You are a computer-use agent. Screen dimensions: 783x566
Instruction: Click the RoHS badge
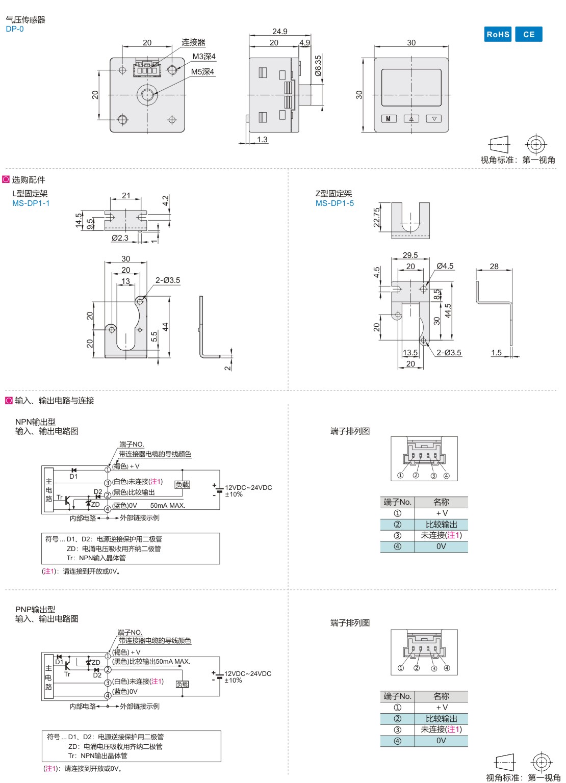[498, 34]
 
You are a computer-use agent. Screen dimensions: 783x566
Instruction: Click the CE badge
[529, 34]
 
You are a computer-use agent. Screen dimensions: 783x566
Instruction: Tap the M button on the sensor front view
[389, 119]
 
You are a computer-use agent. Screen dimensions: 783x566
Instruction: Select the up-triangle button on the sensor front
[411, 119]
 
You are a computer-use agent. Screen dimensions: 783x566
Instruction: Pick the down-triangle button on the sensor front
[434, 119]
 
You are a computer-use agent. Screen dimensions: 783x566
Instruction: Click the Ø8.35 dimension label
[318, 66]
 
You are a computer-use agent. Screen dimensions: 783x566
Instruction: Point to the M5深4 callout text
[202, 72]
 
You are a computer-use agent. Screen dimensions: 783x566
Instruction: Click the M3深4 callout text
[204, 57]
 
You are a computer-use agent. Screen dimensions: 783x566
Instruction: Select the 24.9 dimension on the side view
[279, 32]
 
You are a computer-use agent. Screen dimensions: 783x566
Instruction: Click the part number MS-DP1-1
[31, 203]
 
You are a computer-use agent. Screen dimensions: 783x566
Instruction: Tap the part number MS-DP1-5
[335, 203]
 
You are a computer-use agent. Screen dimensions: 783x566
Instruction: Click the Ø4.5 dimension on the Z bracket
[445, 266]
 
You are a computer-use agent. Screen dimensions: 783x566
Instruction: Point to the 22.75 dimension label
[377, 217]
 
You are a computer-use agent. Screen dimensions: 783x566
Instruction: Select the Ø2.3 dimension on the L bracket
[120, 238]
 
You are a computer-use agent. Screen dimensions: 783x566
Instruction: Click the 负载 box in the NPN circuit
[182, 485]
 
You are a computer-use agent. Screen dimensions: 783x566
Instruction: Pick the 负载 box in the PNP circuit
[182, 684]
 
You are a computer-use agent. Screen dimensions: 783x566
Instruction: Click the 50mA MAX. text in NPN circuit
[168, 506]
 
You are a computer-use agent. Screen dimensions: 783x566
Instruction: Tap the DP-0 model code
[15, 29]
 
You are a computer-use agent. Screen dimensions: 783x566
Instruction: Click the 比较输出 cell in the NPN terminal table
[441, 525]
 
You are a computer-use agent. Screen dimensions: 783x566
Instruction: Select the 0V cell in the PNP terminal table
[441, 741]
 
